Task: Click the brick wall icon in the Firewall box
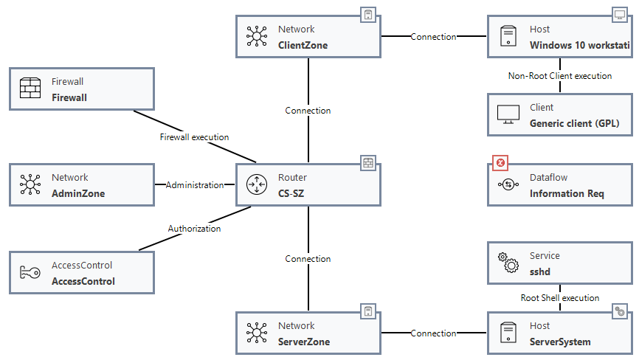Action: [x=30, y=89]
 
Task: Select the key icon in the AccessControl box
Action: [x=30, y=274]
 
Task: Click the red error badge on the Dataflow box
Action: [x=500, y=163]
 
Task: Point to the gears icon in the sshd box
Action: [x=508, y=263]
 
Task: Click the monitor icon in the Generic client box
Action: [x=508, y=115]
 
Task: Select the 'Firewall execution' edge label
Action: [x=194, y=137]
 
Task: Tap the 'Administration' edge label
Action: [x=194, y=185]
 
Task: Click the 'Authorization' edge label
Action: [x=194, y=229]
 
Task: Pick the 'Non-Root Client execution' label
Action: [x=559, y=76]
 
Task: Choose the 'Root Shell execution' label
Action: [x=559, y=298]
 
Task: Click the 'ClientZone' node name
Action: [x=303, y=45]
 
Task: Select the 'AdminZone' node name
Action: [x=78, y=193]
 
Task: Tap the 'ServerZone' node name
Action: [x=304, y=342]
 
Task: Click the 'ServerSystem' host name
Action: [x=560, y=342]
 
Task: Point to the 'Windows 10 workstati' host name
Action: [x=580, y=45]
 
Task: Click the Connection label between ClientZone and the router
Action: [x=308, y=111]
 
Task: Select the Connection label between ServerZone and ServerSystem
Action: [x=433, y=333]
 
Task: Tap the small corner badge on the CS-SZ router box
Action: [x=368, y=162]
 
